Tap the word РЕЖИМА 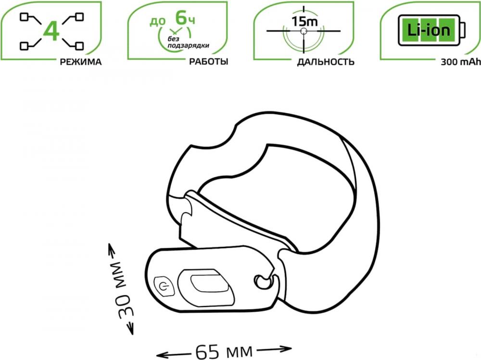81,62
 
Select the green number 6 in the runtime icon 181,17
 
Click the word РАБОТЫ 209,62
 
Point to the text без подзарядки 188,42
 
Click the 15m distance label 304,22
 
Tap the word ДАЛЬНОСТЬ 326,62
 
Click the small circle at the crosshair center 304,31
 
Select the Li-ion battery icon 431,30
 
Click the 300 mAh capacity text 460,62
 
